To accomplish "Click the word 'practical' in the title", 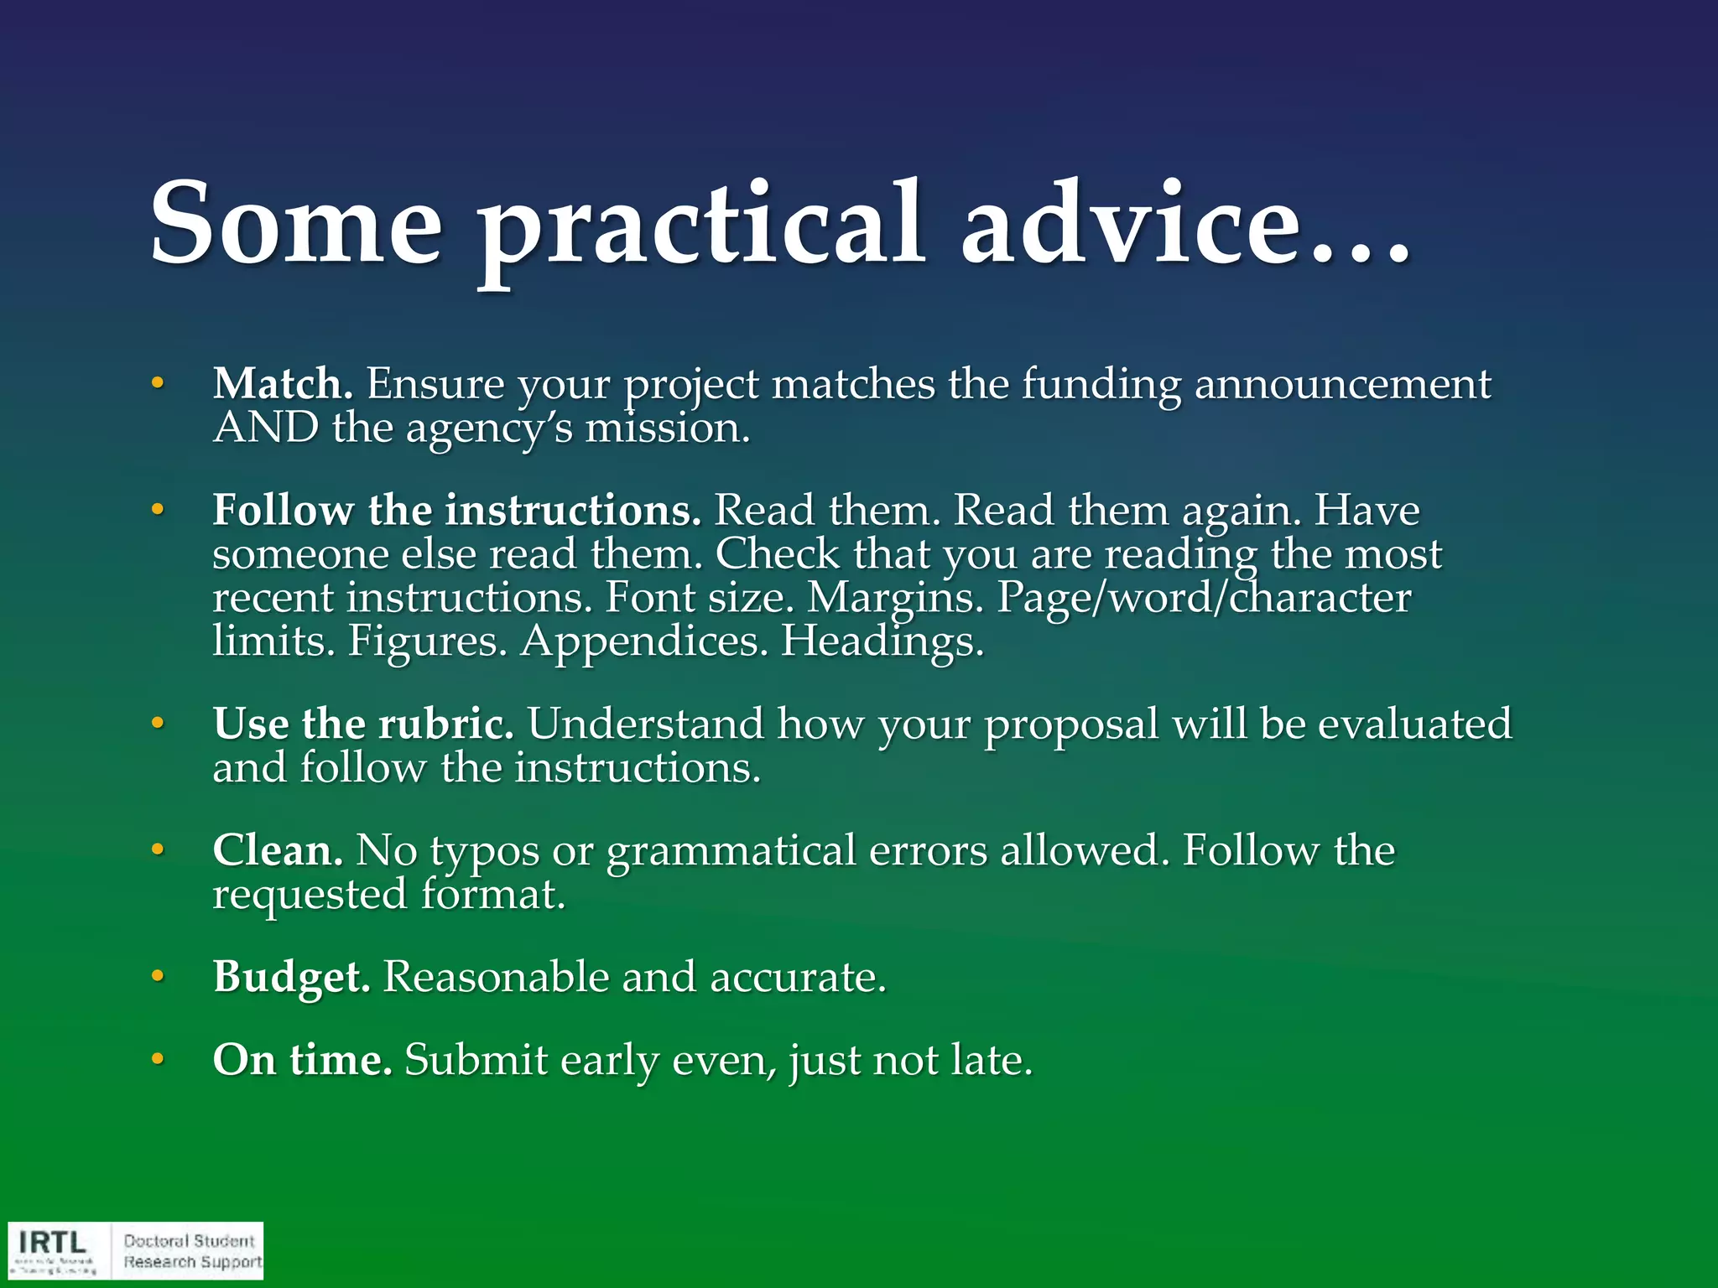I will click(x=701, y=226).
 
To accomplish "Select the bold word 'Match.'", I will click(x=283, y=385).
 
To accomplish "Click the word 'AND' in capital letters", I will click(x=266, y=428).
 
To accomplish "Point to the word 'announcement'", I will click(x=1342, y=385).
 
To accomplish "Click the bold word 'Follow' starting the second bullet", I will click(x=283, y=511).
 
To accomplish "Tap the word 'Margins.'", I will click(x=894, y=598).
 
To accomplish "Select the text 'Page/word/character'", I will click(x=1204, y=600).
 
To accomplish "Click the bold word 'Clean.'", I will click(x=278, y=850).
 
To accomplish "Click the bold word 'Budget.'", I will click(x=291, y=978).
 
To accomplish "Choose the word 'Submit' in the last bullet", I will click(x=476, y=1060).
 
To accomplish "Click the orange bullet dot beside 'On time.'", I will click(x=157, y=1060).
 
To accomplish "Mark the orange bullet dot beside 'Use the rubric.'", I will click(x=157, y=723).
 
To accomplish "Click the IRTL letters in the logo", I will click(x=52, y=1242).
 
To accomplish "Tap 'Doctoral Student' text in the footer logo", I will click(x=189, y=1241).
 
